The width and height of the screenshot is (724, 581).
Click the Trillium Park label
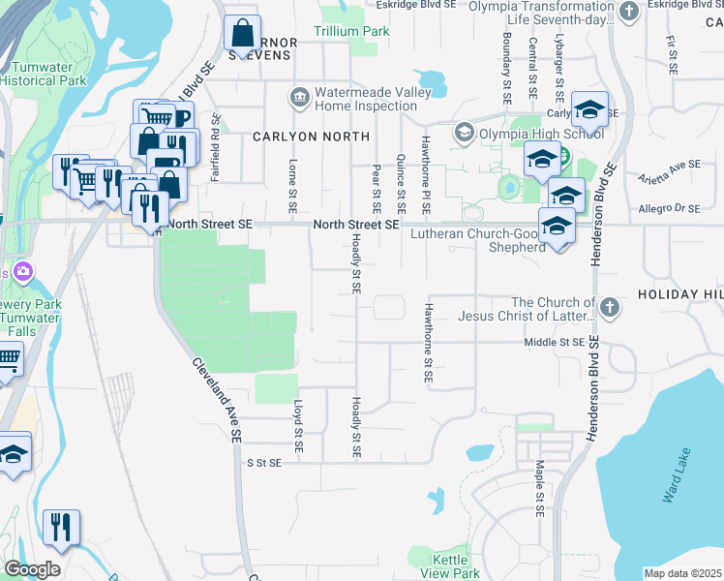(351, 32)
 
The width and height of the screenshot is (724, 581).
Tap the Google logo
(32, 569)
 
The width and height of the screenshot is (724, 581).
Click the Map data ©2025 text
(681, 573)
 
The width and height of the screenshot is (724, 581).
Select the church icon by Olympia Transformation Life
(628, 12)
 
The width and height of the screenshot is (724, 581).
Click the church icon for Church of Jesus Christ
(609, 308)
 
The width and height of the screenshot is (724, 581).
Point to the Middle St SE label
(555, 342)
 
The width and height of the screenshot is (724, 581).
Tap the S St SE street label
(264, 463)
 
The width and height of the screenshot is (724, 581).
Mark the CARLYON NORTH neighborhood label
(311, 137)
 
